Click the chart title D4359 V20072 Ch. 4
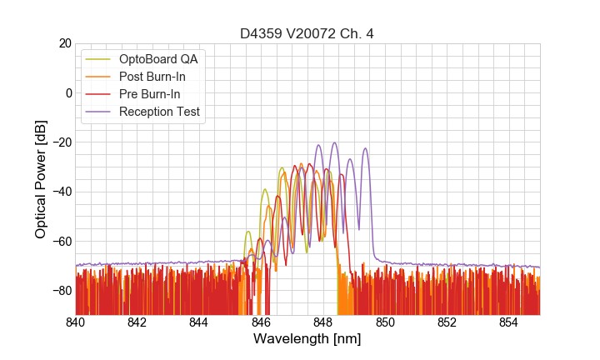point(307,34)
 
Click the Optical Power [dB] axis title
point(41,179)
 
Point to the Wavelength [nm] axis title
point(307,339)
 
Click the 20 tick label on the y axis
point(65,43)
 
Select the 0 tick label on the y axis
point(68,92)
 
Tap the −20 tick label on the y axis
point(61,142)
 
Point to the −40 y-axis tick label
point(61,192)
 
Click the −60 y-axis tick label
point(61,242)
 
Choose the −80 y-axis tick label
point(61,291)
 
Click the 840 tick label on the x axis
point(76,322)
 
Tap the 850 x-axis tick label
point(385,322)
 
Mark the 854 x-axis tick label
point(508,322)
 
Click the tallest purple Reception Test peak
point(335,142)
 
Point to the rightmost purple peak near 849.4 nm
point(365,148)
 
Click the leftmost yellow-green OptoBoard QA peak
point(247,232)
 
